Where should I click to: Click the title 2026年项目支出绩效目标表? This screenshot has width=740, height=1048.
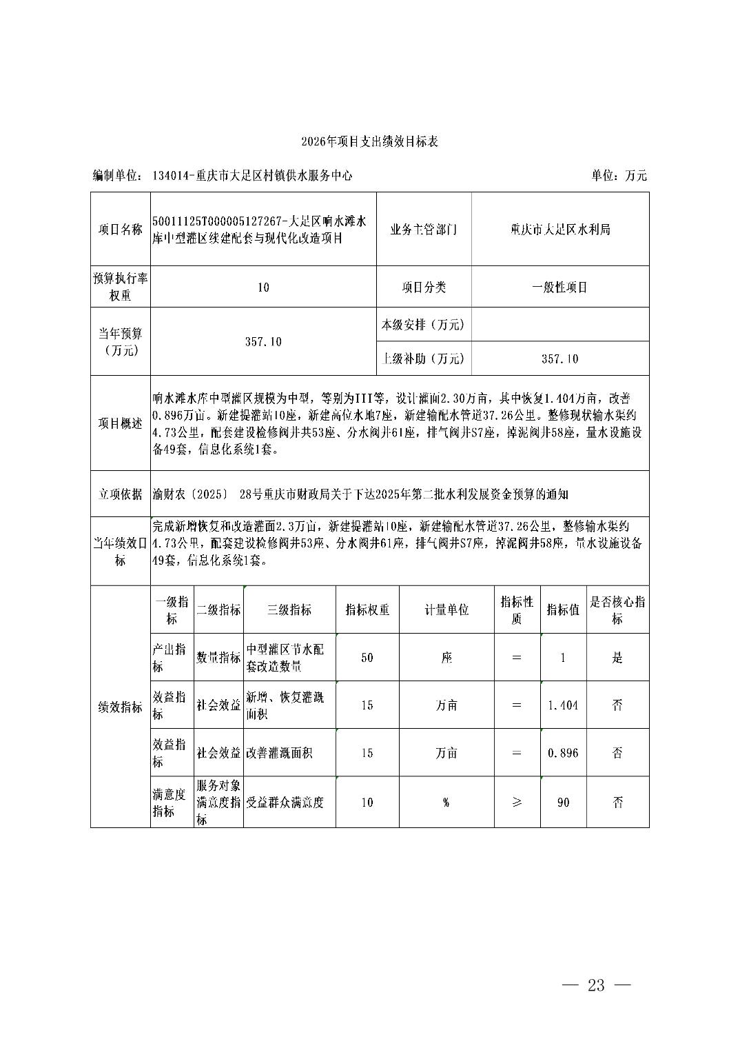(x=369, y=142)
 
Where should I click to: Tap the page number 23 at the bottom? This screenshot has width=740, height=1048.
(x=596, y=985)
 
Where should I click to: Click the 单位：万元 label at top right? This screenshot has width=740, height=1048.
(x=619, y=176)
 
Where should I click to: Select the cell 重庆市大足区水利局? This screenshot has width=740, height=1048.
(x=560, y=230)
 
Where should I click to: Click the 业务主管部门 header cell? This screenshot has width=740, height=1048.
(x=423, y=230)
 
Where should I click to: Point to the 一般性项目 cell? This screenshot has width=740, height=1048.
(x=559, y=288)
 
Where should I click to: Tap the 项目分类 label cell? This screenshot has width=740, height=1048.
(x=424, y=288)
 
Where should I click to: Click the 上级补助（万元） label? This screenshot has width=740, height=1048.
(x=423, y=359)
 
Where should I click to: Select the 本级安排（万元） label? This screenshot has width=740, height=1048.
(x=423, y=325)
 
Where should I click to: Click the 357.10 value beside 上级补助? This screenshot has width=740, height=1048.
(x=559, y=359)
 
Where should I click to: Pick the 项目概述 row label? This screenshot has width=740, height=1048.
(x=120, y=423)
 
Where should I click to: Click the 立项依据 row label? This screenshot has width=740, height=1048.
(x=120, y=494)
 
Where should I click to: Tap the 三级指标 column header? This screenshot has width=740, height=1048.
(x=289, y=610)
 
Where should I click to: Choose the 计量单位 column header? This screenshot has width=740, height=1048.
(x=446, y=610)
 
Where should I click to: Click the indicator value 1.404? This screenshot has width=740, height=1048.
(x=563, y=705)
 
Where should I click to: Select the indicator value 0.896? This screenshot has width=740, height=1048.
(x=563, y=753)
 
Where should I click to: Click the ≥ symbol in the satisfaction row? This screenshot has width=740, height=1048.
(x=517, y=803)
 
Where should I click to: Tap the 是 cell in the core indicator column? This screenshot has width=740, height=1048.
(x=617, y=658)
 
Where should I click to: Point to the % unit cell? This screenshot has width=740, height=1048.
(x=446, y=803)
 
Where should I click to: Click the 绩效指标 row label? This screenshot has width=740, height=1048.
(x=120, y=707)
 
